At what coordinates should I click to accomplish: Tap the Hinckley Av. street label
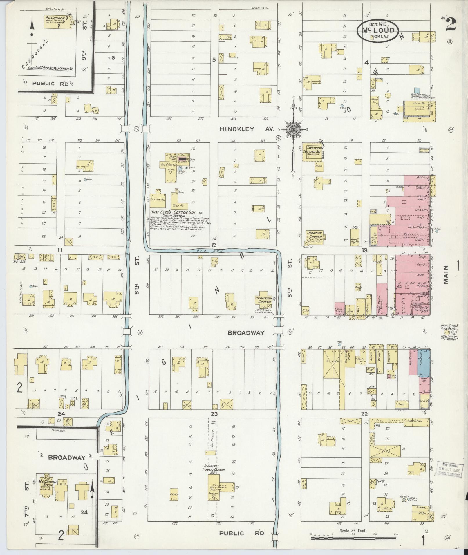[x=246, y=129]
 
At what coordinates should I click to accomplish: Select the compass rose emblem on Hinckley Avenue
[x=294, y=130]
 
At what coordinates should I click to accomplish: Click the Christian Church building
[x=263, y=300]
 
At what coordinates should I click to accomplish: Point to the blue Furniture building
[x=424, y=363]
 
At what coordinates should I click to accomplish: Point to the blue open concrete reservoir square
[x=417, y=91]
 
